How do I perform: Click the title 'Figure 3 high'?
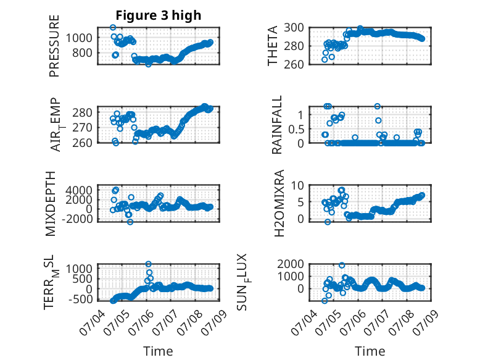pos(159,15)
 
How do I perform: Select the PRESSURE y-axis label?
pos(54,46)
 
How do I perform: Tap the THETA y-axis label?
pos(272,46)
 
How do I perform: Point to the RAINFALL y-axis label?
pos(276,125)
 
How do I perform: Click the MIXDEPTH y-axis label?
pos(50,204)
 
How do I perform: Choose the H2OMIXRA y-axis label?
pos(279,203)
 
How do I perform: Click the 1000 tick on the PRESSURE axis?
pos(79,38)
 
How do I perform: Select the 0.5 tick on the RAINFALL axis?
pos(296,129)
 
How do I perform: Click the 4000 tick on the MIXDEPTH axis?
pos(79,190)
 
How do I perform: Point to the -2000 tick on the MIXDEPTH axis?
pos(77,219)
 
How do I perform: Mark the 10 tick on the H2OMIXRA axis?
pos(297,185)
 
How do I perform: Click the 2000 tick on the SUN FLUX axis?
pos(291,264)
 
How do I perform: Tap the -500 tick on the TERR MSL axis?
pos(80,299)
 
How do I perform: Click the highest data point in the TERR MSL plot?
pos(149,264)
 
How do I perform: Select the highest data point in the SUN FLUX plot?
pos(342,266)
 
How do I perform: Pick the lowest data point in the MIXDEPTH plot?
pos(130,222)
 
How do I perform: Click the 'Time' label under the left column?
pos(159,351)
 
